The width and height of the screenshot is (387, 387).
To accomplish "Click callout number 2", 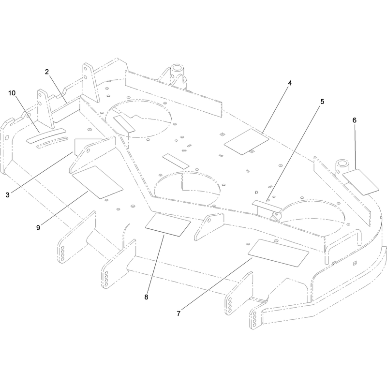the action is click(x=47, y=72).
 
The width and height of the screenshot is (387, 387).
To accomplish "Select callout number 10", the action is click(x=12, y=93).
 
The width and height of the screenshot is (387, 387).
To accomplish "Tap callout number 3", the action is click(x=8, y=195).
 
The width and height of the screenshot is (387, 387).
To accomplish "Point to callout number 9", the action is click(x=38, y=227).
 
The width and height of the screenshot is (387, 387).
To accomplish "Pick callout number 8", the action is click(x=147, y=297).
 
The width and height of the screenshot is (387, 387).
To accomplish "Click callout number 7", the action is click(x=179, y=313).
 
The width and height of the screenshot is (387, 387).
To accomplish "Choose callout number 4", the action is click(x=290, y=83).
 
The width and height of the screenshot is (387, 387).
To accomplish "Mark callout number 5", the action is click(x=322, y=102).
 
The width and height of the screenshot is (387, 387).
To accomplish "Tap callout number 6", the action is click(x=355, y=120).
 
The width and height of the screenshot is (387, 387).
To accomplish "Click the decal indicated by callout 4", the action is click(x=246, y=142).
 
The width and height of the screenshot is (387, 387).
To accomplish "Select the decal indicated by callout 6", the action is click(x=361, y=182).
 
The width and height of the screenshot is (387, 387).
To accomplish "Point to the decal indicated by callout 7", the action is click(x=279, y=253).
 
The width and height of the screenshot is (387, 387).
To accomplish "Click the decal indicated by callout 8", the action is click(x=168, y=225).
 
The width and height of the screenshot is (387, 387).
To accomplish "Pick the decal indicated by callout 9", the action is click(x=97, y=182).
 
